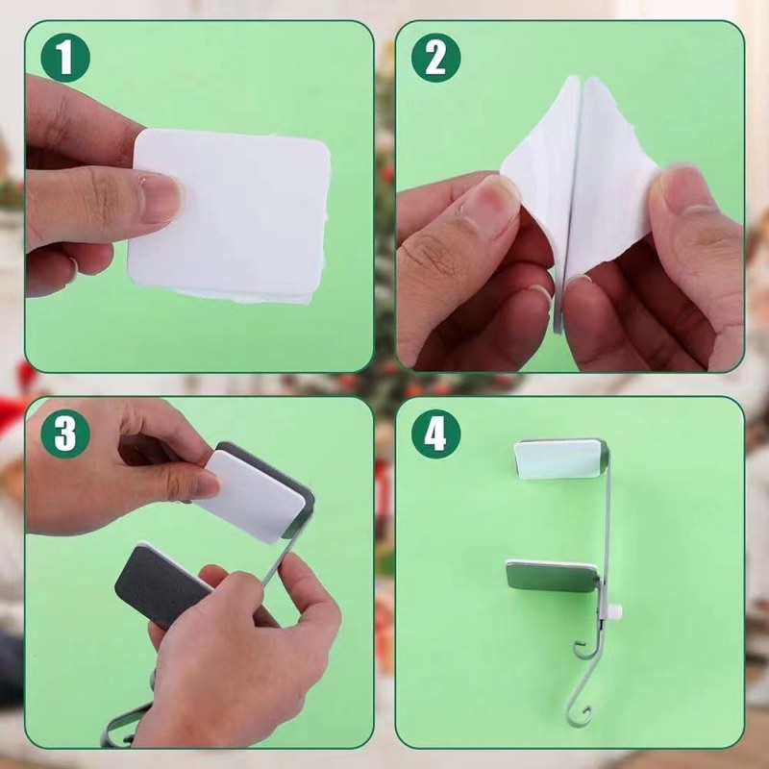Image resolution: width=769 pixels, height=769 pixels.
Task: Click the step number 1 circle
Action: [x=65, y=58]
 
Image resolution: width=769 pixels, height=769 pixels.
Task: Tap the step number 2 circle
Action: [x=436, y=58]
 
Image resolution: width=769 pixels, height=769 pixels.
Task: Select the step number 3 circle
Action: [x=65, y=434]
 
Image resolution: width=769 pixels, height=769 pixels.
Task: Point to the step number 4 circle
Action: [x=436, y=434]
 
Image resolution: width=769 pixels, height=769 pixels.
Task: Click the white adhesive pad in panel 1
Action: [x=231, y=215]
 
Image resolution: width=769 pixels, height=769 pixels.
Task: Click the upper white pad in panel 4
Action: [x=558, y=459]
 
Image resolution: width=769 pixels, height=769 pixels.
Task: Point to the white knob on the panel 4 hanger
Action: [x=616, y=611]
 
